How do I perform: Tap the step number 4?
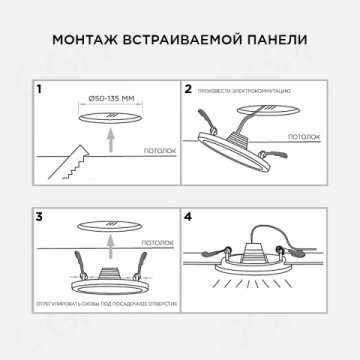189,215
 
